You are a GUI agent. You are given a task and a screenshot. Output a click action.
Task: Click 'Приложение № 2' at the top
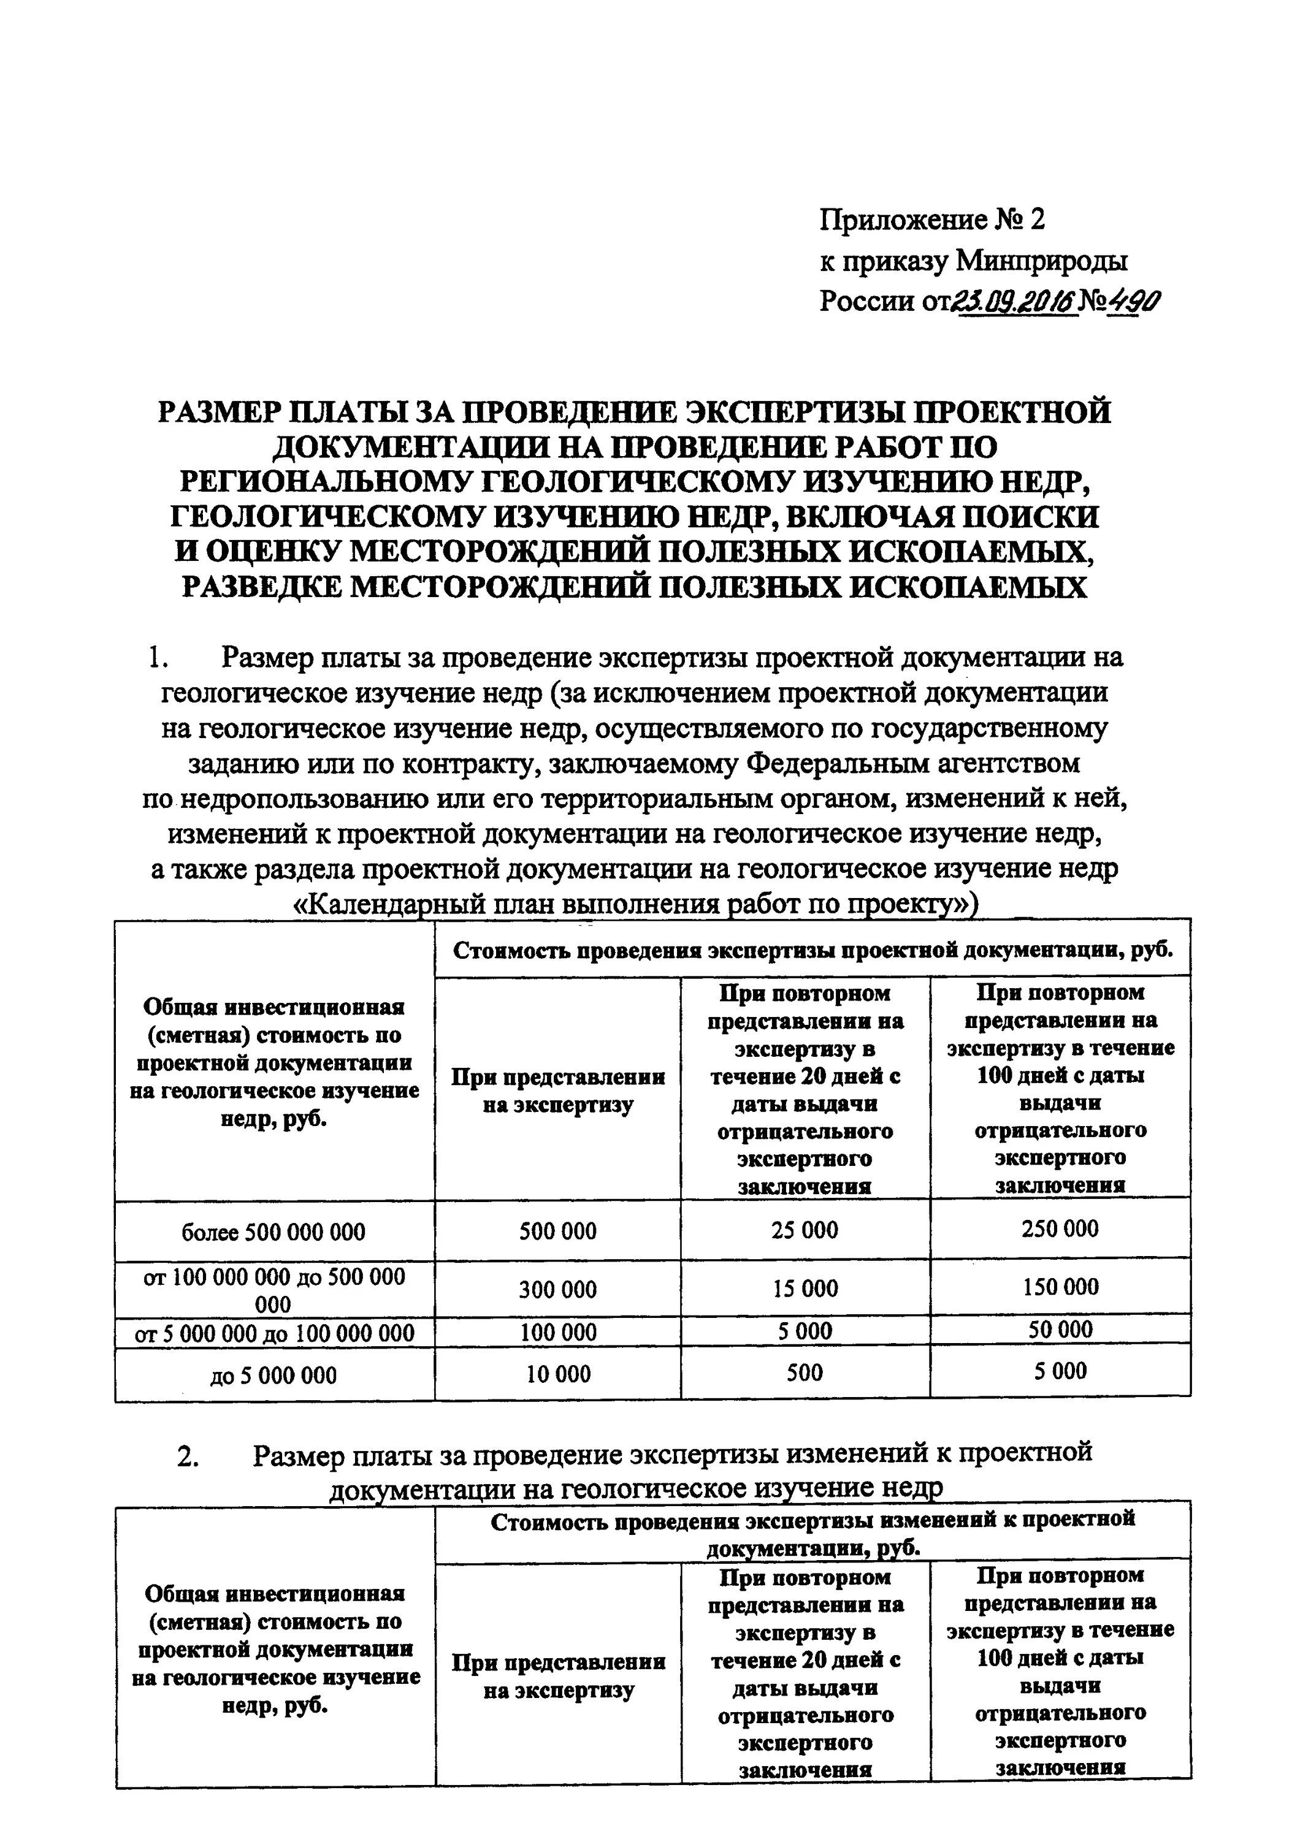pyautogui.click(x=932, y=219)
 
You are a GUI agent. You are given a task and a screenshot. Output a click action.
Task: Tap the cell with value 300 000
pyautogui.click(x=557, y=1290)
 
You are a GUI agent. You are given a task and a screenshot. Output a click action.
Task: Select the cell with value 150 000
pyautogui.click(x=1060, y=1287)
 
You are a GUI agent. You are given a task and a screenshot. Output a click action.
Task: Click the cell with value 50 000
pyautogui.click(x=1060, y=1330)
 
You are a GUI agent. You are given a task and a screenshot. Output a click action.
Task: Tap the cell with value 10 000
pyautogui.click(x=557, y=1374)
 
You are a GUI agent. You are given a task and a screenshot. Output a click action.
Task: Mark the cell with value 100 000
pyautogui.click(x=557, y=1332)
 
